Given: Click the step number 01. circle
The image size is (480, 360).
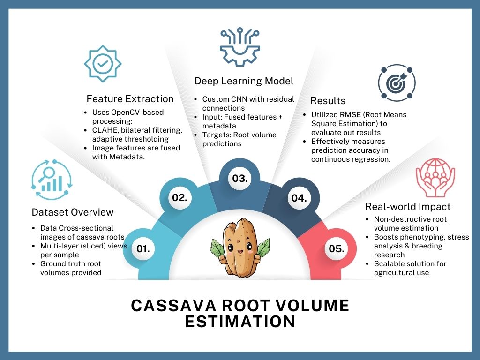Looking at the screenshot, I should pyautogui.click(x=143, y=249).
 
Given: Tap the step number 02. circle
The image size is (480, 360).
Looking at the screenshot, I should pyautogui.click(x=180, y=198).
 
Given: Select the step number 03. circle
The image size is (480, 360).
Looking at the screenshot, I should pyautogui.click(x=240, y=179).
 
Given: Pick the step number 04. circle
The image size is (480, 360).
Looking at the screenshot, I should pyautogui.click(x=299, y=198).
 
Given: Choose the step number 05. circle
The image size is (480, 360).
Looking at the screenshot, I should pyautogui.click(x=337, y=249).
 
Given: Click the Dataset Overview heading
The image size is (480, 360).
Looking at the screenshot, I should pyautogui.click(x=73, y=212).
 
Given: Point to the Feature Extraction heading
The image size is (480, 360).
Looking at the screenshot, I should pyautogui.click(x=130, y=99).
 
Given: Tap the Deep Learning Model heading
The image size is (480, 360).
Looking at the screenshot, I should pyautogui.click(x=244, y=81).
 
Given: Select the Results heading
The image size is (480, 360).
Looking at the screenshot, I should pyautogui.click(x=328, y=101).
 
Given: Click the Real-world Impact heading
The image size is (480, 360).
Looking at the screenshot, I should pyautogui.click(x=408, y=207).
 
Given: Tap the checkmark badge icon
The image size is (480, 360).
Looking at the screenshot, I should pyautogui.click(x=102, y=64).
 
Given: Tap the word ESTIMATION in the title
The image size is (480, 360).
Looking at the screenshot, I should pyautogui.click(x=240, y=322).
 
